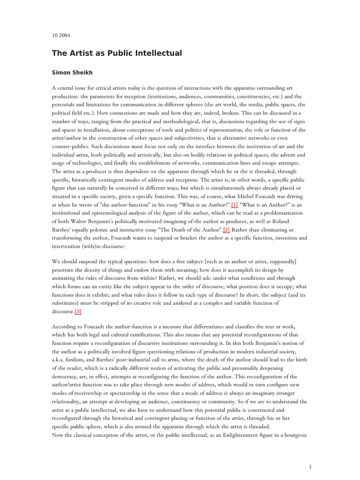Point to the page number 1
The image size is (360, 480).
tap(310, 453)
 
